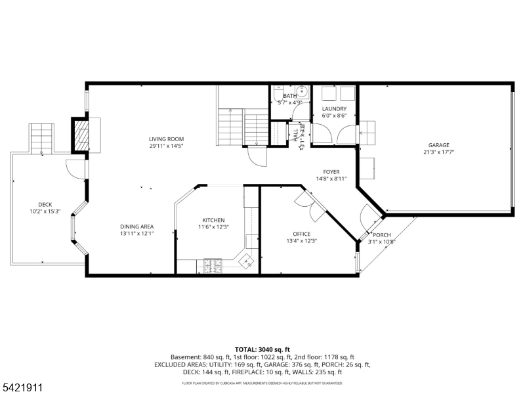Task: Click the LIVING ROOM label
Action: coord(165,139)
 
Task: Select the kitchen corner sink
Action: coord(247,261)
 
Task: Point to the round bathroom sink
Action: coord(303,92)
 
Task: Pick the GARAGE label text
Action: coord(439,145)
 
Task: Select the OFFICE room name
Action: coord(301,234)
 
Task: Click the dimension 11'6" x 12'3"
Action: coord(213,227)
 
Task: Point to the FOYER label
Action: coord(331,171)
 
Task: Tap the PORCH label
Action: coord(382,234)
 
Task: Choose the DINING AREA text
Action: coord(136,227)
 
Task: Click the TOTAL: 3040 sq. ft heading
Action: coord(262,349)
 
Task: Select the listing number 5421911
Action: coord(23,387)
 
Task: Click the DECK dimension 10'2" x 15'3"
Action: coord(45,211)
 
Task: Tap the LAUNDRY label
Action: coord(333,108)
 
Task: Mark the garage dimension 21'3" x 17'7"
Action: coord(439,152)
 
